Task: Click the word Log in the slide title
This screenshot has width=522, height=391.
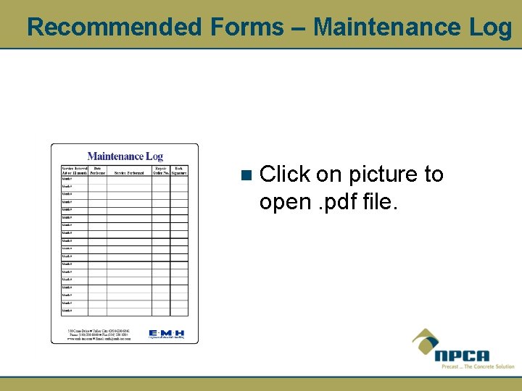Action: (490, 28)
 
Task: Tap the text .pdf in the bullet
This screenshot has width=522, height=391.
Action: (333, 202)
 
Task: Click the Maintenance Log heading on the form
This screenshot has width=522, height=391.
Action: (125, 156)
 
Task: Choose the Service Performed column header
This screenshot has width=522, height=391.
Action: (129, 173)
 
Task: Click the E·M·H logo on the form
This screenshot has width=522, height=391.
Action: (166, 334)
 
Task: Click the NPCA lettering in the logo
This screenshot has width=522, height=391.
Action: (462, 356)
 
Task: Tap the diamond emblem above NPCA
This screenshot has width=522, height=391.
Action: (426, 340)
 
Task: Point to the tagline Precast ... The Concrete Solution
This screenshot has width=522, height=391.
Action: (477, 366)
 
